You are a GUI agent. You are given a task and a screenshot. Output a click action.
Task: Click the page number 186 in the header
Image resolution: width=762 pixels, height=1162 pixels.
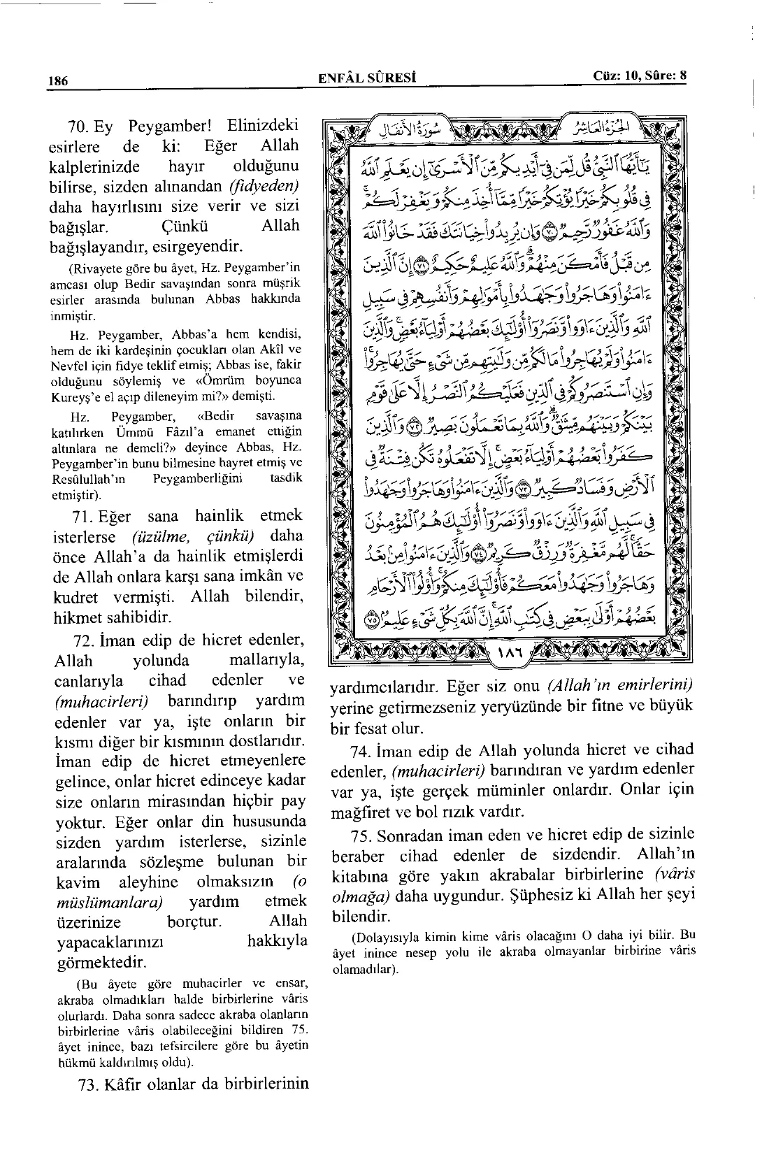[x=57, y=80]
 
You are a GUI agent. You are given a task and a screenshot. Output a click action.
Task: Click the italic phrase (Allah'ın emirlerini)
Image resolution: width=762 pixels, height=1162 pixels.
[x=619, y=687]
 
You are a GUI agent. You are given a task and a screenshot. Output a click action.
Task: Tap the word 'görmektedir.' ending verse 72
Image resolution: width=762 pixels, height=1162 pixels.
[x=101, y=963]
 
